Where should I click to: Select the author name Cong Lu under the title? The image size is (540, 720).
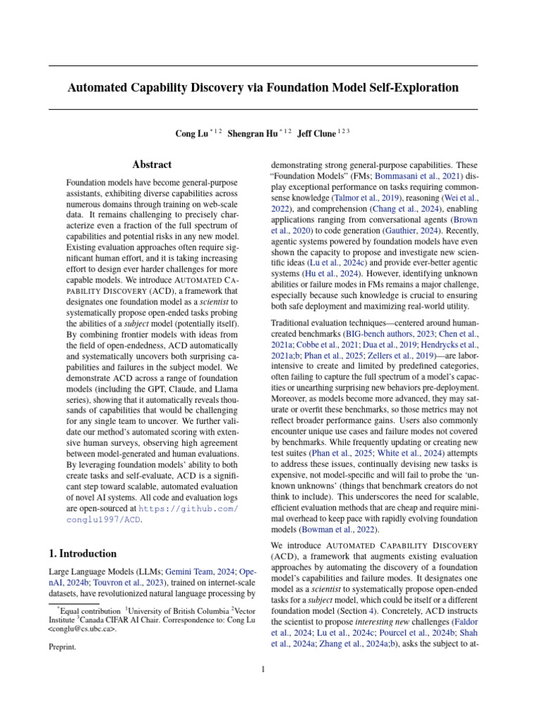pos(191,133)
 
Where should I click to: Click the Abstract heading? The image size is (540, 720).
pos(152,165)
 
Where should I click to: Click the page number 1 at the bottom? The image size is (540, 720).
pos(263,669)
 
